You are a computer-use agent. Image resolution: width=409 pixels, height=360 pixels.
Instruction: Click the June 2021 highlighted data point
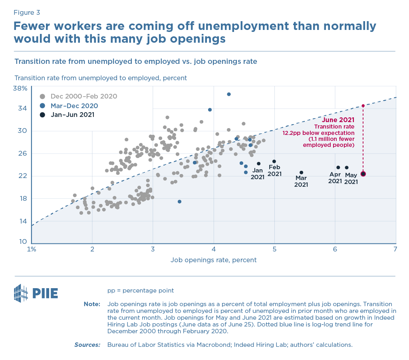coord(363,174)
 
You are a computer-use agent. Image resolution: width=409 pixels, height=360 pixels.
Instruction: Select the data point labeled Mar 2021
coord(301,172)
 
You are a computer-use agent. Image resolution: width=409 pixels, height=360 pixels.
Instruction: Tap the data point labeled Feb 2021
coord(274,161)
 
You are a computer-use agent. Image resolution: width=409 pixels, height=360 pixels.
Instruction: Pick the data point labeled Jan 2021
coord(258,164)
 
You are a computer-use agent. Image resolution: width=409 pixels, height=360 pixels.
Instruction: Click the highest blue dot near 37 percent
coord(229,94)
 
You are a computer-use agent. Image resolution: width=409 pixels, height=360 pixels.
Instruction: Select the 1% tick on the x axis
coord(32,249)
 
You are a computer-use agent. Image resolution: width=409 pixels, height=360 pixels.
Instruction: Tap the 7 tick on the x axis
coord(395,249)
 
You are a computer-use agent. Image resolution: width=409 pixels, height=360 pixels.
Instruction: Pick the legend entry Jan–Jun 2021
coord(72,115)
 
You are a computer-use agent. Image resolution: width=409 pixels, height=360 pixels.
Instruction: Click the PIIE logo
coord(36,293)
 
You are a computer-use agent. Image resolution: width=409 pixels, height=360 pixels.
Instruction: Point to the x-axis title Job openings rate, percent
coord(213,260)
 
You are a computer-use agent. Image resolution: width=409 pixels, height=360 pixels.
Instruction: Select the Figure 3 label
coord(27,13)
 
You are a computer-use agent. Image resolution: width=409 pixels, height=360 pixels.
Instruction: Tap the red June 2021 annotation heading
coord(338,119)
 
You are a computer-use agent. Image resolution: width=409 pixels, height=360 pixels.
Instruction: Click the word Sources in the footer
coord(87,344)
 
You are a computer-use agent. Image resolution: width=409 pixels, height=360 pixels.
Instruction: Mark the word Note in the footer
coord(92,304)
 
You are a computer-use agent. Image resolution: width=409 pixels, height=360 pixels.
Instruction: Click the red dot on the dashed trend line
coord(363,106)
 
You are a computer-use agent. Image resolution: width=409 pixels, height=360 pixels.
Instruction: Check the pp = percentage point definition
coord(141,291)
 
